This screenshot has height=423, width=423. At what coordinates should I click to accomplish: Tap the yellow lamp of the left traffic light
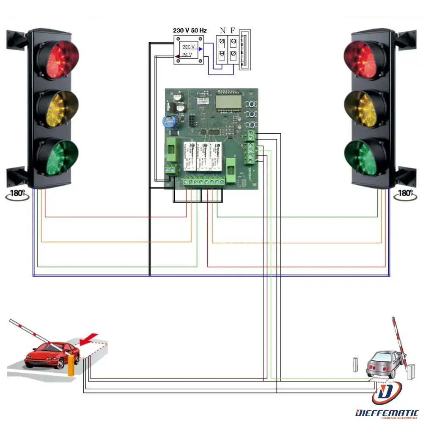click(58, 108)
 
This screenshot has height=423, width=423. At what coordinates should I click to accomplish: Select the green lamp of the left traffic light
click(58, 156)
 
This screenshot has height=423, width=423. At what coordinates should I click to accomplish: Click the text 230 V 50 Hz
click(190, 31)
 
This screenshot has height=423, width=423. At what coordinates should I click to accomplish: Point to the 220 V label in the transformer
click(189, 47)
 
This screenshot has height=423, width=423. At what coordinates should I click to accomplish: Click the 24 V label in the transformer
click(187, 55)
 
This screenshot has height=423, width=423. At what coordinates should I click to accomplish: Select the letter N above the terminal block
click(222, 30)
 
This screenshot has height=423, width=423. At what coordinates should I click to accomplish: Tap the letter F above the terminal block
click(233, 30)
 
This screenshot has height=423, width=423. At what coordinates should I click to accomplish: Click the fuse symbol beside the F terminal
click(245, 49)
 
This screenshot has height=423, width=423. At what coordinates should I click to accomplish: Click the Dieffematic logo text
click(387, 412)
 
